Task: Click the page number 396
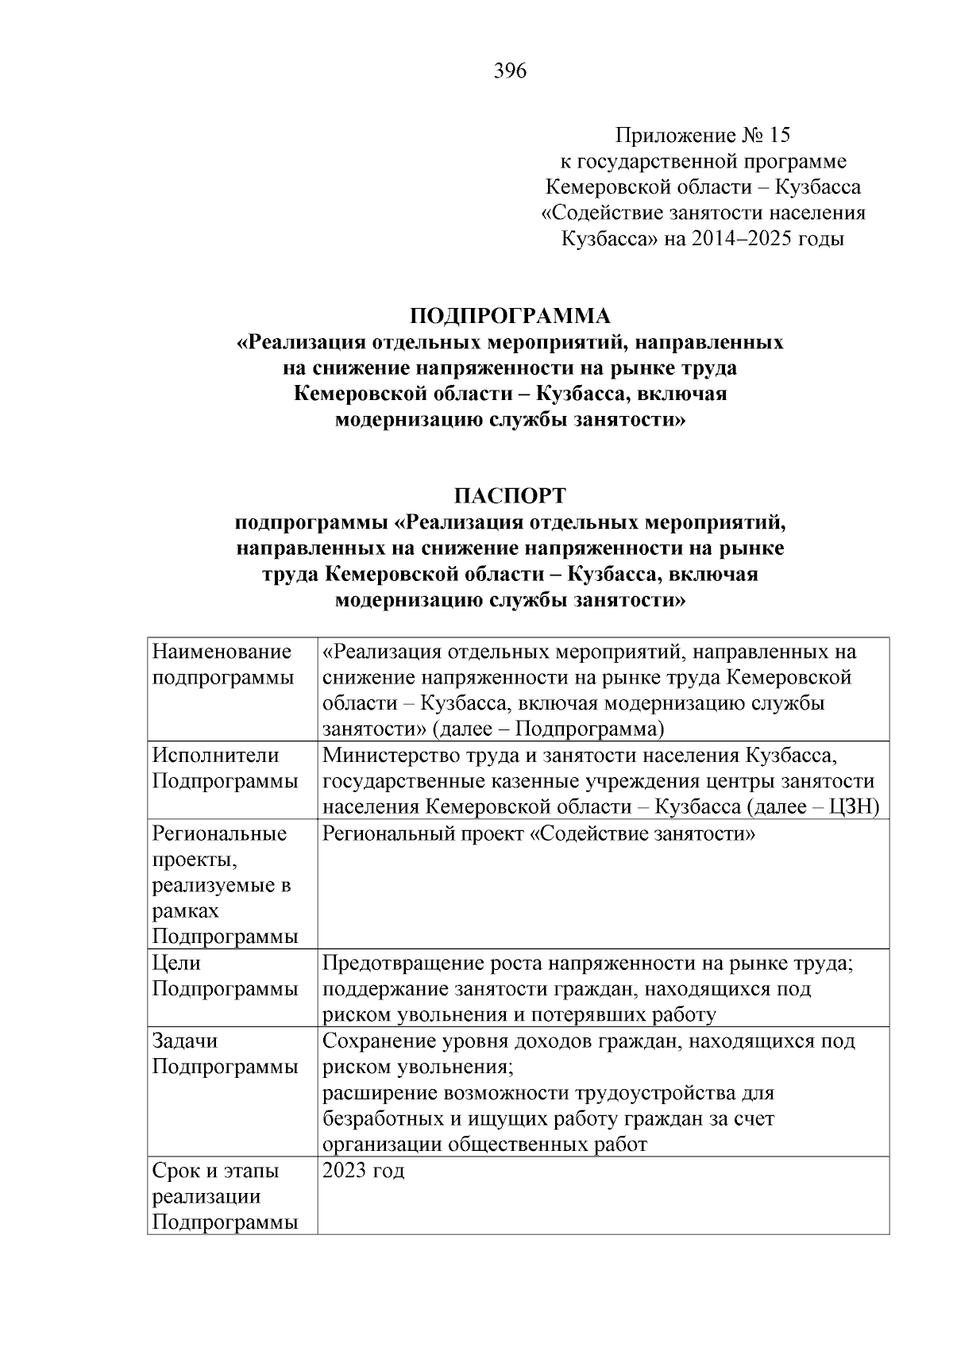point(510,71)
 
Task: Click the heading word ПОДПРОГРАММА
point(510,316)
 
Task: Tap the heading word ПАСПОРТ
point(510,496)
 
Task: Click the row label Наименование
point(222,652)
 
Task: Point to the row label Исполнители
point(215,755)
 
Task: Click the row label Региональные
point(219,833)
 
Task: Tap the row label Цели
point(176,963)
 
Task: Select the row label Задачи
point(184,1041)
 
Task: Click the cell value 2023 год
point(364,1170)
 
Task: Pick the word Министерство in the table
point(388,755)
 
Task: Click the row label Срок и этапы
point(215,1170)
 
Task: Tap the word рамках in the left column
point(185,910)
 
